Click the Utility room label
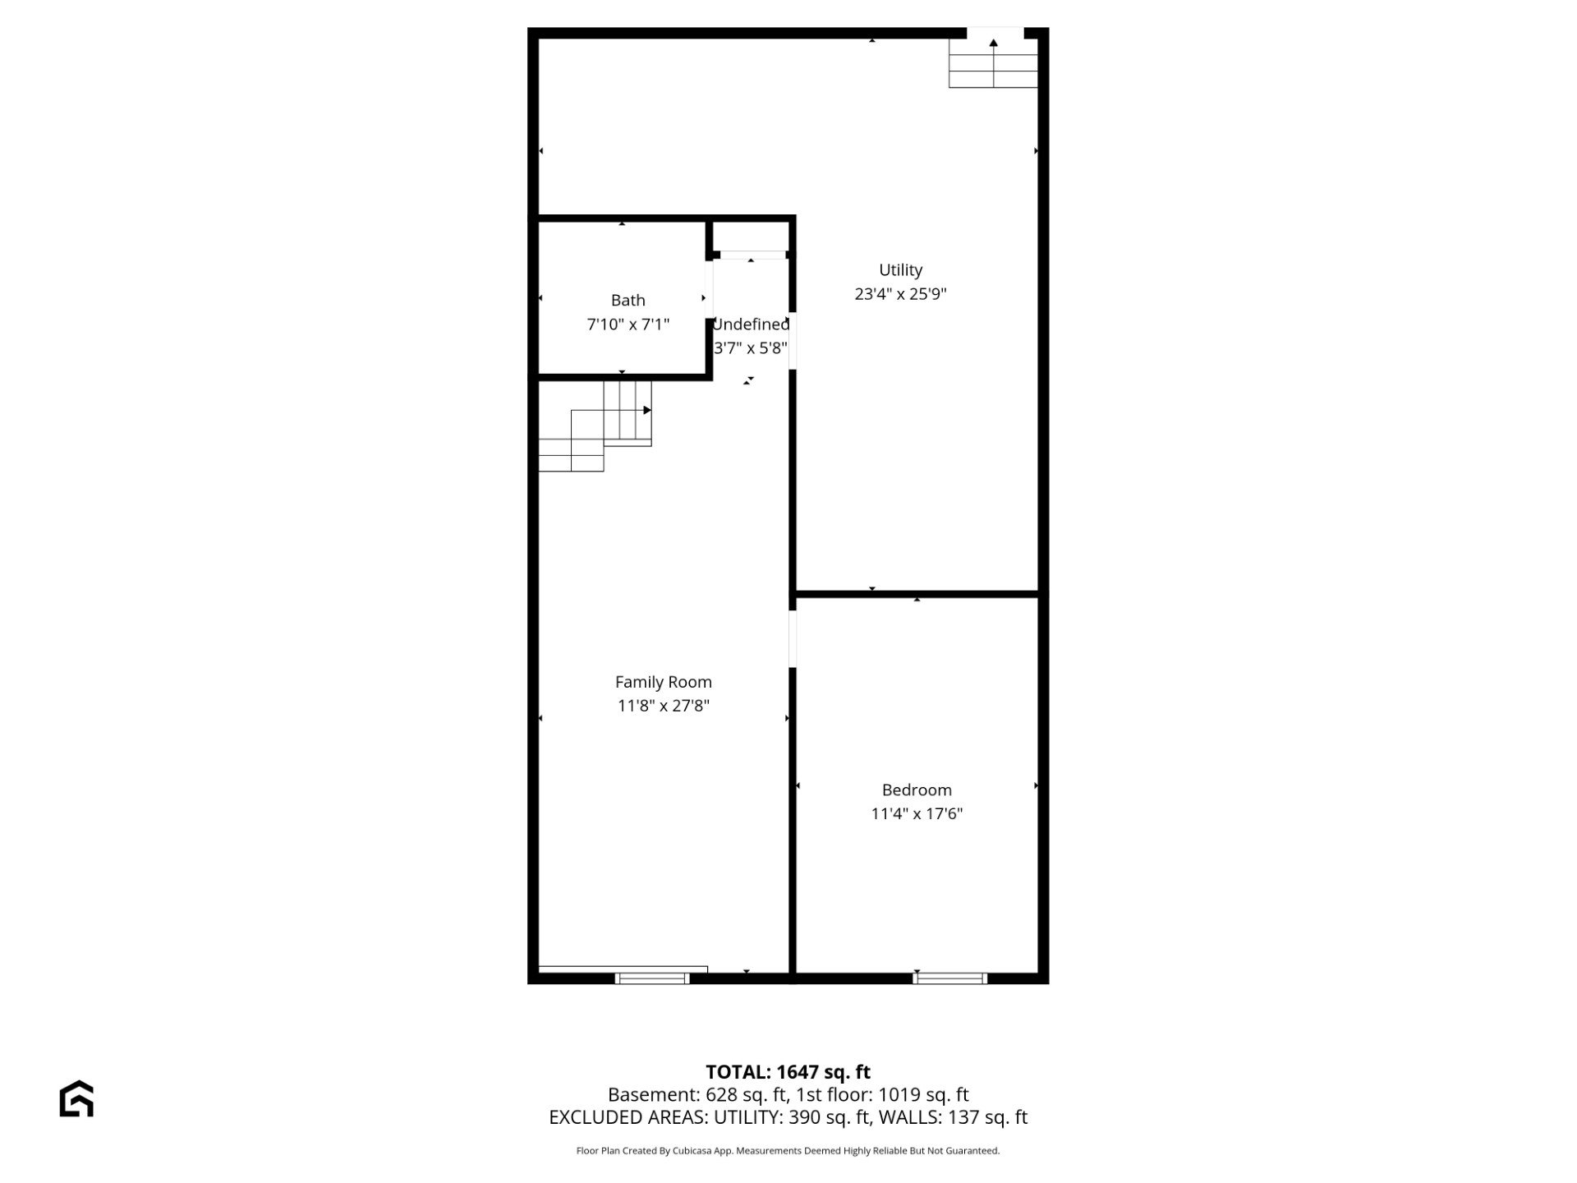point(900,269)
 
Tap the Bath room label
point(628,301)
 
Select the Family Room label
point(663,682)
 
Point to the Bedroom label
point(917,790)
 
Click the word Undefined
point(751,325)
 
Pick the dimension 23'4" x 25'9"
point(900,294)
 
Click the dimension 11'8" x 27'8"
point(663,706)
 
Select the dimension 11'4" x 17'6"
point(917,814)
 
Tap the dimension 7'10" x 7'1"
point(628,325)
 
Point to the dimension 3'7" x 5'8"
point(751,348)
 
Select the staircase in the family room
point(595,426)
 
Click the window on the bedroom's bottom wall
point(950,978)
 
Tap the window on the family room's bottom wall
point(653,978)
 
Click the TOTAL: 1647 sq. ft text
point(788,1072)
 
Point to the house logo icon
point(76,1098)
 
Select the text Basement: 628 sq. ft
point(695,1095)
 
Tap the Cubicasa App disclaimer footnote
point(788,1151)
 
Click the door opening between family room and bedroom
point(793,638)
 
